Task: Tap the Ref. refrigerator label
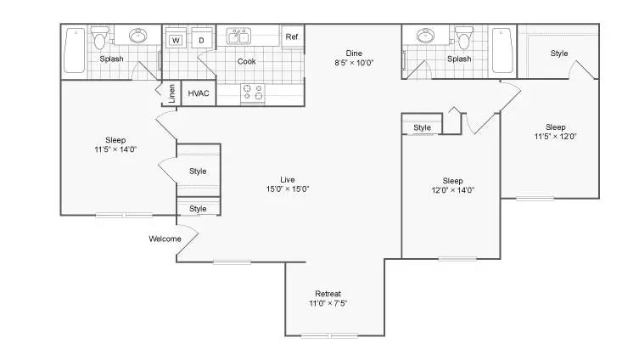[x=292, y=37]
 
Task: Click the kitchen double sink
[x=238, y=37]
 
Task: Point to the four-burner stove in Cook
[x=253, y=93]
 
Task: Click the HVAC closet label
[x=199, y=93]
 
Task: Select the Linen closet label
[x=171, y=93]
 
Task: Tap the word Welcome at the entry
[x=165, y=239]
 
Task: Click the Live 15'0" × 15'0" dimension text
[x=288, y=188]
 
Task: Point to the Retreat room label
[x=328, y=294]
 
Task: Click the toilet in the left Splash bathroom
[x=99, y=37]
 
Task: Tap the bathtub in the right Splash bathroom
[x=502, y=50]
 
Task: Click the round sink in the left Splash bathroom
[x=138, y=36]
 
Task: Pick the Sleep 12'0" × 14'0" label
[x=453, y=185]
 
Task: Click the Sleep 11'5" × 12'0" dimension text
[x=556, y=136]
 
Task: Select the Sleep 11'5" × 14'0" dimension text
[x=115, y=149]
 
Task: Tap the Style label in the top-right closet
[x=559, y=53]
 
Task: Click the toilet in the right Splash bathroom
[x=464, y=37]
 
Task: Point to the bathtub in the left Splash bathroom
[x=75, y=50]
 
